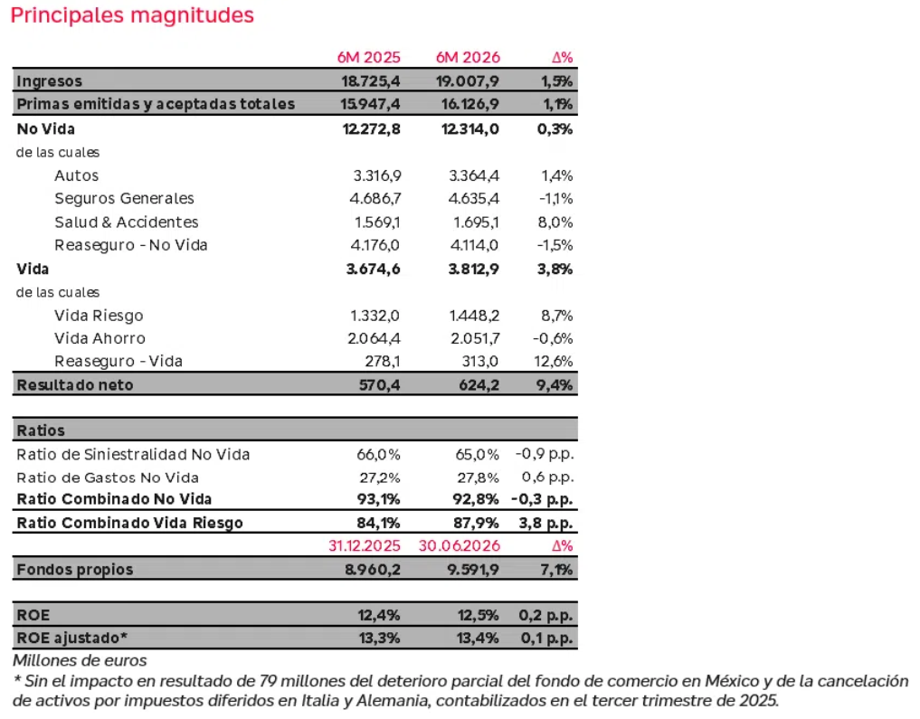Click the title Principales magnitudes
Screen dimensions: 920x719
[x=132, y=15]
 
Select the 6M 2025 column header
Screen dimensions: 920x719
[x=368, y=58]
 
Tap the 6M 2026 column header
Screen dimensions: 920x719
[x=468, y=58]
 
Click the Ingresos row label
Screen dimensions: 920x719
[x=49, y=80]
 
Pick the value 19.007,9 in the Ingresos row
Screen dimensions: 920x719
[x=467, y=80]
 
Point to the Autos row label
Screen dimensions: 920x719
[x=76, y=175]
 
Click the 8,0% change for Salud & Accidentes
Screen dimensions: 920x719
[x=557, y=222]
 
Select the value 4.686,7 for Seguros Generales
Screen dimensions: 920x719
[x=375, y=198]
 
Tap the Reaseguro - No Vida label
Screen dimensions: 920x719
[x=131, y=245]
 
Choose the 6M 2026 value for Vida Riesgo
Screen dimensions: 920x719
[x=474, y=316]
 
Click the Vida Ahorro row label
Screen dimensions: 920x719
[x=100, y=338]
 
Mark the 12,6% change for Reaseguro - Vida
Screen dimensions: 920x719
[x=554, y=361]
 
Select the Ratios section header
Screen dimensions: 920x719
[x=41, y=430]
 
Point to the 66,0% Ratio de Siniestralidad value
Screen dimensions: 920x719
[x=378, y=455]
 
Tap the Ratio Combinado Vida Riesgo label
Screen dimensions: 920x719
[x=129, y=523]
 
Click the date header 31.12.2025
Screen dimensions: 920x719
[x=365, y=546]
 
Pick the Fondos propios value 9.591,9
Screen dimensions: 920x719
[x=473, y=570]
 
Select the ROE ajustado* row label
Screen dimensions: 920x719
[x=72, y=639]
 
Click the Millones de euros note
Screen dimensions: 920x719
[x=80, y=661]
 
